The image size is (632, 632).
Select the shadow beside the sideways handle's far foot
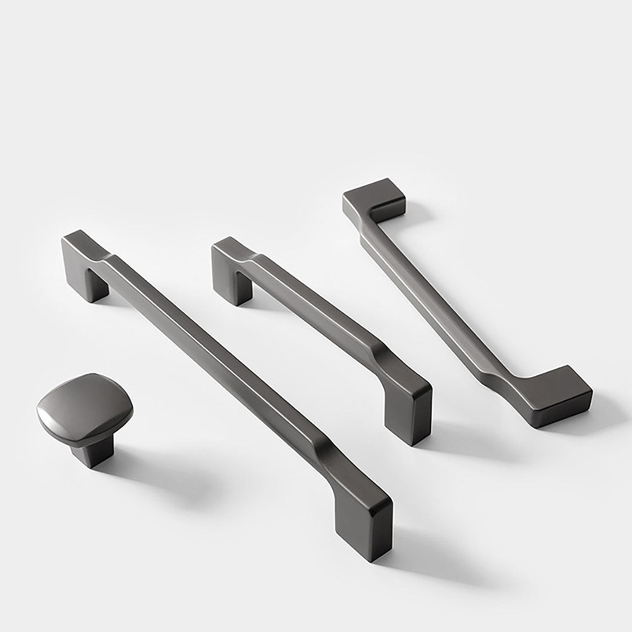417,215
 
